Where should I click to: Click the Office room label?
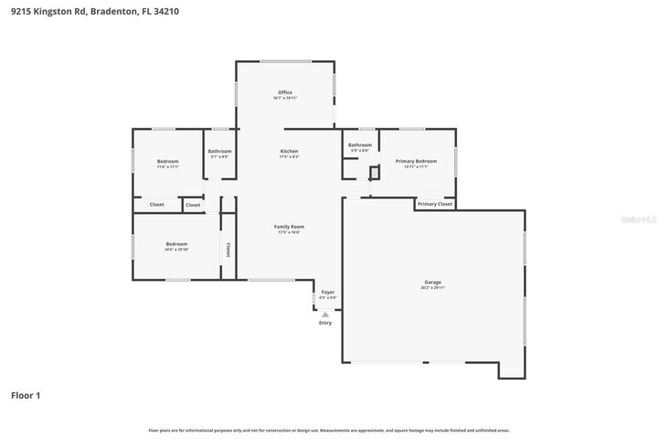point(285,92)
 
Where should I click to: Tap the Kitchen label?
point(289,151)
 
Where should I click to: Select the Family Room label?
point(289,226)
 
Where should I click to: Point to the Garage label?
point(432,282)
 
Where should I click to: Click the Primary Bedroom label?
point(416,161)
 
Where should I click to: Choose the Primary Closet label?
point(435,204)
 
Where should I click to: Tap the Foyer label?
point(327,292)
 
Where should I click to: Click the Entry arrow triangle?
point(324,314)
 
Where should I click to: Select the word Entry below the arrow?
point(325,323)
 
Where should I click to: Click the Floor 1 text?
point(26,395)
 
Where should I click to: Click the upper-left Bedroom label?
point(167,161)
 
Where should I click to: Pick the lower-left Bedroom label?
point(176,243)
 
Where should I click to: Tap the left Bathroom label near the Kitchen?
point(219,151)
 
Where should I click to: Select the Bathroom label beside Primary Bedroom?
point(360,145)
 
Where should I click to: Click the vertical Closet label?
point(228,249)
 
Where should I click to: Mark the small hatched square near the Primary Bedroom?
point(374,171)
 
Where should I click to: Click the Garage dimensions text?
point(432,288)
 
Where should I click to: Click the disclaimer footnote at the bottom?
point(329,430)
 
